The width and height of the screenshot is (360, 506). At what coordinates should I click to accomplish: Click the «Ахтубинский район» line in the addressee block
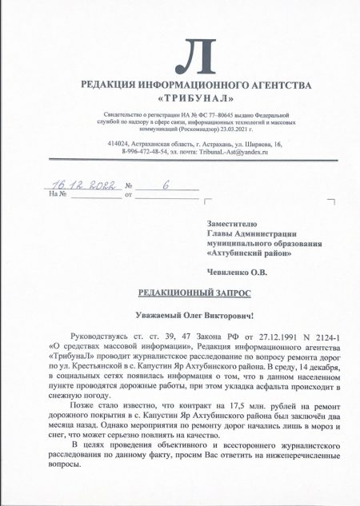click(249, 253)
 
